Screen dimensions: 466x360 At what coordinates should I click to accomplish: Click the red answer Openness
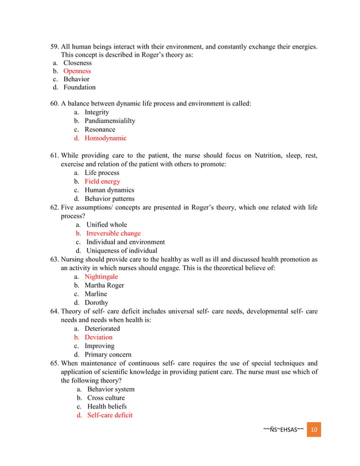(77, 71)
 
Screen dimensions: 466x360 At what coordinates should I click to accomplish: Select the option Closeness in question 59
(77, 63)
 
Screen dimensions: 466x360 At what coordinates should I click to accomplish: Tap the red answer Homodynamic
(106, 138)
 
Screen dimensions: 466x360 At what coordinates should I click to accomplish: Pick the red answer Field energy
(102, 182)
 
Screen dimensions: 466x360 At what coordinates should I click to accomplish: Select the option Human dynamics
(109, 190)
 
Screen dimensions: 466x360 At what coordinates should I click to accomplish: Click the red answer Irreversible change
(113, 233)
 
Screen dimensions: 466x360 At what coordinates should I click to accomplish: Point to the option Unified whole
(107, 225)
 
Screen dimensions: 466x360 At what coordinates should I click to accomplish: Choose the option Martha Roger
(104, 285)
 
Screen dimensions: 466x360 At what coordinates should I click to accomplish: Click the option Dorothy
(96, 302)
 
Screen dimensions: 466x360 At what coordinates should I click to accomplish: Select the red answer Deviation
(99, 337)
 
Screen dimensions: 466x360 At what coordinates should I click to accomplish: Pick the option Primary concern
(108, 354)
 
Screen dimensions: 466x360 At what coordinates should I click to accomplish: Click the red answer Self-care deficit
(109, 415)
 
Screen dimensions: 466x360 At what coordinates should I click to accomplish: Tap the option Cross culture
(106, 398)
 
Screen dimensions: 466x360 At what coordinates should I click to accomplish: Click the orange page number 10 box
(314, 430)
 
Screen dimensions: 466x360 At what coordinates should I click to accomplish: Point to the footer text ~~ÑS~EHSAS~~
(283, 430)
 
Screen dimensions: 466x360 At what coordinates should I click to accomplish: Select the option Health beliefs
(107, 406)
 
